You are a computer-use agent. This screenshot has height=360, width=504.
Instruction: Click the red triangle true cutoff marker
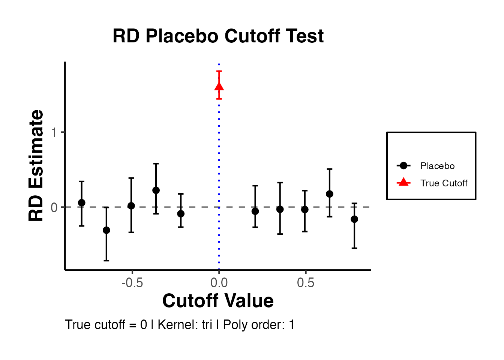click(x=219, y=87)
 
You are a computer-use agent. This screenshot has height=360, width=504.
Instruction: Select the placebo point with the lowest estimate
click(x=106, y=230)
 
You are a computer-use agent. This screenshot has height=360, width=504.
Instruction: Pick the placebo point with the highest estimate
click(x=156, y=190)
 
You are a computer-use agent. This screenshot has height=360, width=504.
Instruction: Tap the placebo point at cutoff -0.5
click(x=131, y=205)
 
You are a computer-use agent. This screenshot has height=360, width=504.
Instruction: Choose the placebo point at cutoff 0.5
click(x=305, y=209)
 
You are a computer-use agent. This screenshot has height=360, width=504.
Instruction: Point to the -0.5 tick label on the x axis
click(x=132, y=283)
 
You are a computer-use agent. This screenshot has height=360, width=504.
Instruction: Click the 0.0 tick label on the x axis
click(x=219, y=283)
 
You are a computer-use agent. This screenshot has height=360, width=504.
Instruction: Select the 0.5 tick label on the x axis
click(x=306, y=283)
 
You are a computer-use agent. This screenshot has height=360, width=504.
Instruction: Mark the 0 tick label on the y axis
click(x=54, y=207)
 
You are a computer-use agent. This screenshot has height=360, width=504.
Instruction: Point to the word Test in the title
click(x=304, y=36)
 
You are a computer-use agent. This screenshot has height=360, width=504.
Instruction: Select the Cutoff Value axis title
click(x=218, y=301)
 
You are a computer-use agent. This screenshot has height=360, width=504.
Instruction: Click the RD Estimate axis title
click(x=36, y=165)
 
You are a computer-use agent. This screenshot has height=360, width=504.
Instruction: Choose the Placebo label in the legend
click(x=437, y=166)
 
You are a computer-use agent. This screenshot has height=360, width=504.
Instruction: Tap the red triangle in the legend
click(x=403, y=182)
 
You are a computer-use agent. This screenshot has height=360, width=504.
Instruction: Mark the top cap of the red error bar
click(x=219, y=71)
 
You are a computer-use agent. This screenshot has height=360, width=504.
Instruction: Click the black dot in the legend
click(x=403, y=165)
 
